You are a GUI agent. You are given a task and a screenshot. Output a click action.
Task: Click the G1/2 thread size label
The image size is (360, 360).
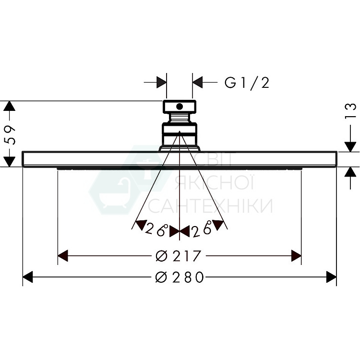(247, 83)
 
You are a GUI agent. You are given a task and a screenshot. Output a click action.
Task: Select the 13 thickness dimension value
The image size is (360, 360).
(350, 111)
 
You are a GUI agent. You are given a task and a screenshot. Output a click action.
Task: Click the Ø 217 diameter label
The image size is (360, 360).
(178, 256)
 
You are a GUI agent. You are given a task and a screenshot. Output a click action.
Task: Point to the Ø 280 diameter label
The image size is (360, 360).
(180, 277)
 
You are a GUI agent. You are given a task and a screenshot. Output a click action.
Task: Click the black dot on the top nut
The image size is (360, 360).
(180, 107)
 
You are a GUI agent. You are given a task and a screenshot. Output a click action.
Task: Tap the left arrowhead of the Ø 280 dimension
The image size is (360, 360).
(28, 277)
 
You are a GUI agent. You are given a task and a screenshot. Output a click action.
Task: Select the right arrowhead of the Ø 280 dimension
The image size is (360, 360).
(331, 277)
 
